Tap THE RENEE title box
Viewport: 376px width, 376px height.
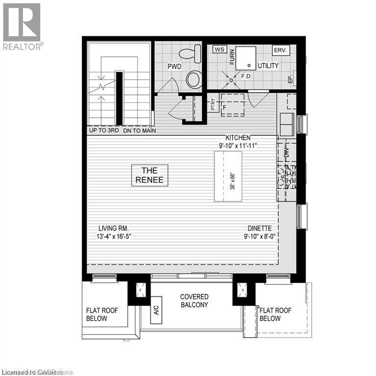(x=149, y=175)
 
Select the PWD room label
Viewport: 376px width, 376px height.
(x=175, y=66)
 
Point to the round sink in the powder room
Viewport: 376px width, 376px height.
(x=194, y=79)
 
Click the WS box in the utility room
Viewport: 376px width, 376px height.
(x=219, y=49)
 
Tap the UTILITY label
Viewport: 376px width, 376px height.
(x=268, y=66)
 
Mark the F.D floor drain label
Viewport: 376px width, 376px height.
(x=246, y=77)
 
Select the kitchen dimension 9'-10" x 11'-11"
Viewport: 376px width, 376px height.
(x=238, y=145)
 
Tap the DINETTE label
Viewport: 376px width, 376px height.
(x=259, y=228)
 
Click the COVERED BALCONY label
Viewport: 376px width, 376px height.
(x=194, y=301)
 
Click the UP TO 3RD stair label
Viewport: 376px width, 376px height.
(x=104, y=131)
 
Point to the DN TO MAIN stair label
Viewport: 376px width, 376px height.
(x=140, y=131)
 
